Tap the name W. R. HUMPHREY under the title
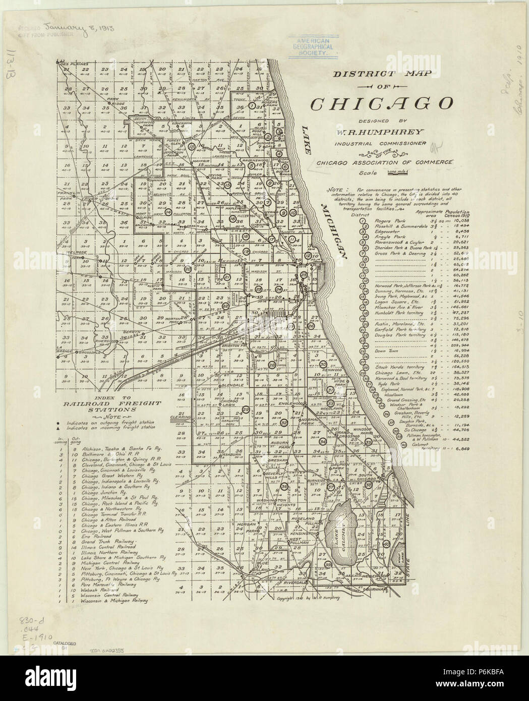(382, 133)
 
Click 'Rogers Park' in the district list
(390, 221)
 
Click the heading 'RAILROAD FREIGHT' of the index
(119, 403)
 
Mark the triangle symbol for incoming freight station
(58, 427)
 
